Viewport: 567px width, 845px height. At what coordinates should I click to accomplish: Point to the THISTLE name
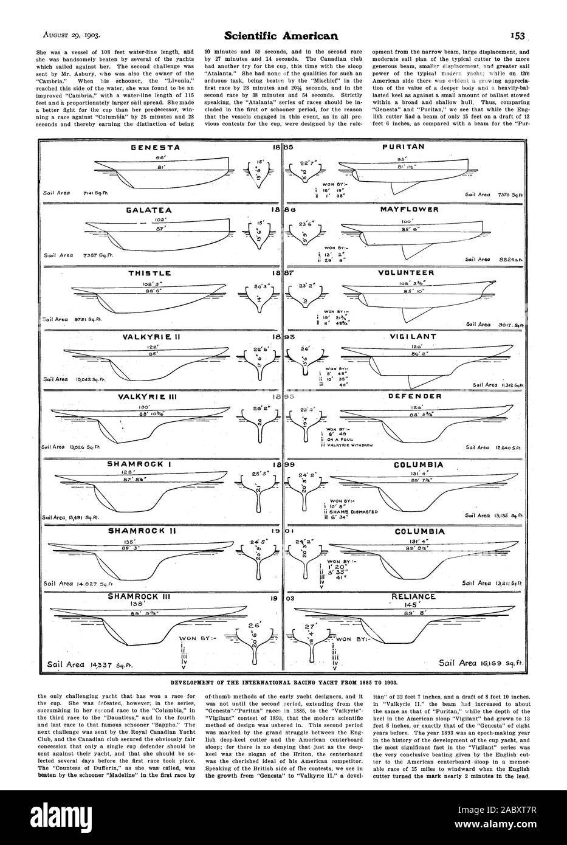[139, 274]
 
